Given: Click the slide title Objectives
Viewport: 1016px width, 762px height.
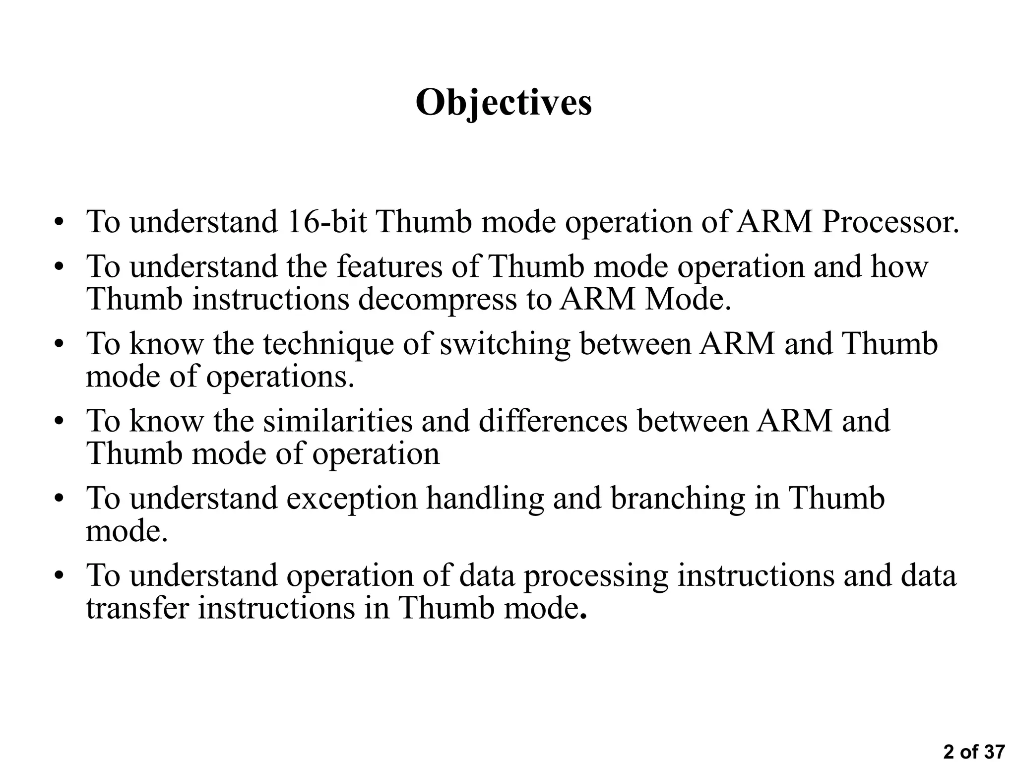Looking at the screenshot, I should (504, 103).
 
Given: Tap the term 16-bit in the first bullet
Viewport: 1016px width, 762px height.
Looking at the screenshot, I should (327, 222).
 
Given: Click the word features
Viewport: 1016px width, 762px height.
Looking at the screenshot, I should (389, 266).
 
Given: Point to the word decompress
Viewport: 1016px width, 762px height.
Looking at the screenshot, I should (437, 299).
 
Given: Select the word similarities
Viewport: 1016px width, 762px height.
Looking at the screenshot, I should (337, 421).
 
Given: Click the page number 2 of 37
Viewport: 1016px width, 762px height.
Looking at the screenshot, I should (974, 752).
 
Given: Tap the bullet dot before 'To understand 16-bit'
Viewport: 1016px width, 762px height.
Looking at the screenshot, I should (60, 222).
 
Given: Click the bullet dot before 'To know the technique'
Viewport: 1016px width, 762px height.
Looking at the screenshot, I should (60, 344).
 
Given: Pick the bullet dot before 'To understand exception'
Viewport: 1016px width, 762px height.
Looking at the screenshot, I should (60, 499).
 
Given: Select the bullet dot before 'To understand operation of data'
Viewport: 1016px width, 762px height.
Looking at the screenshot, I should (60, 576).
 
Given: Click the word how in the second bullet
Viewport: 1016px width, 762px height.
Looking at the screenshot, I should (899, 266).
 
